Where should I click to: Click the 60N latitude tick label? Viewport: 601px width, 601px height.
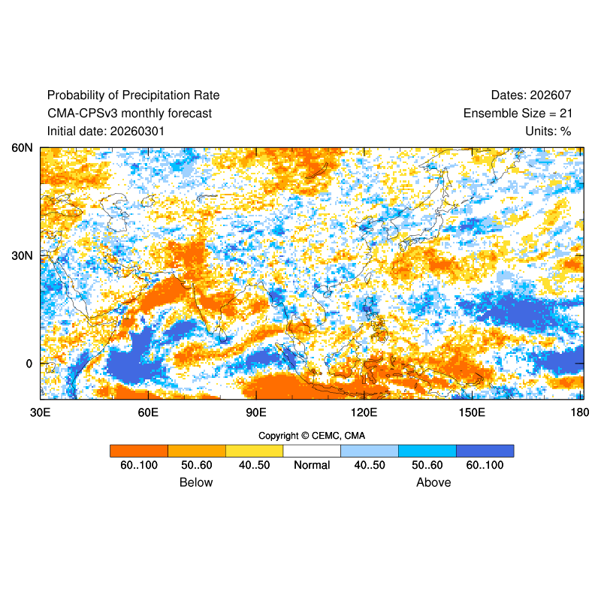pos(22,148)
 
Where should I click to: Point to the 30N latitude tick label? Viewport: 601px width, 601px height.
pos(22,255)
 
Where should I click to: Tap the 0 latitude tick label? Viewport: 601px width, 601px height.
pos(29,364)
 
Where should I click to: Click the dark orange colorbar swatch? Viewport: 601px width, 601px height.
pos(139,451)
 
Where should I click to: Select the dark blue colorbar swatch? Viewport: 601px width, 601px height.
pos(485,451)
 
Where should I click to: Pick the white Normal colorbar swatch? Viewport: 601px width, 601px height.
pos(312,451)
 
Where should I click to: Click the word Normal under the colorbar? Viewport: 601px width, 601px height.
pos(312,465)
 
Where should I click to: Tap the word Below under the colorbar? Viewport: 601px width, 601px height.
pos(196,482)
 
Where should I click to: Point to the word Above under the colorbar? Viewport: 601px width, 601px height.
pos(433,482)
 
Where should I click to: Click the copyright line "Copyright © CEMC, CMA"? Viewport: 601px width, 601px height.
pos(312,436)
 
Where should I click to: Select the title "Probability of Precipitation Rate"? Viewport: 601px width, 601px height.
pos(133,95)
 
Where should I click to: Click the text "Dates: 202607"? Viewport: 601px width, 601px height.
pos(531,95)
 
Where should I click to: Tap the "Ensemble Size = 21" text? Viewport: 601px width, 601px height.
pos(518,113)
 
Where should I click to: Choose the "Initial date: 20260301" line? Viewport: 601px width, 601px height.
pos(106,131)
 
